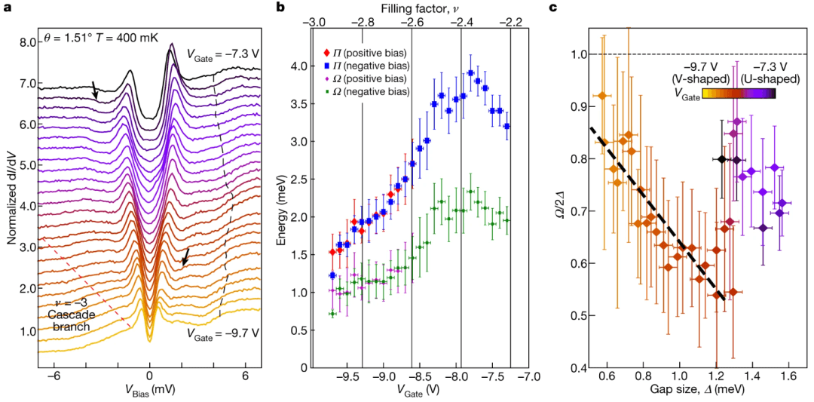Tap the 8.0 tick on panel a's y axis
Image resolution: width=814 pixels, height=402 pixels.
pos(28,42)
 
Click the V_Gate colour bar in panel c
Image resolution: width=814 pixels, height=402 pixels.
pos(739,94)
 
